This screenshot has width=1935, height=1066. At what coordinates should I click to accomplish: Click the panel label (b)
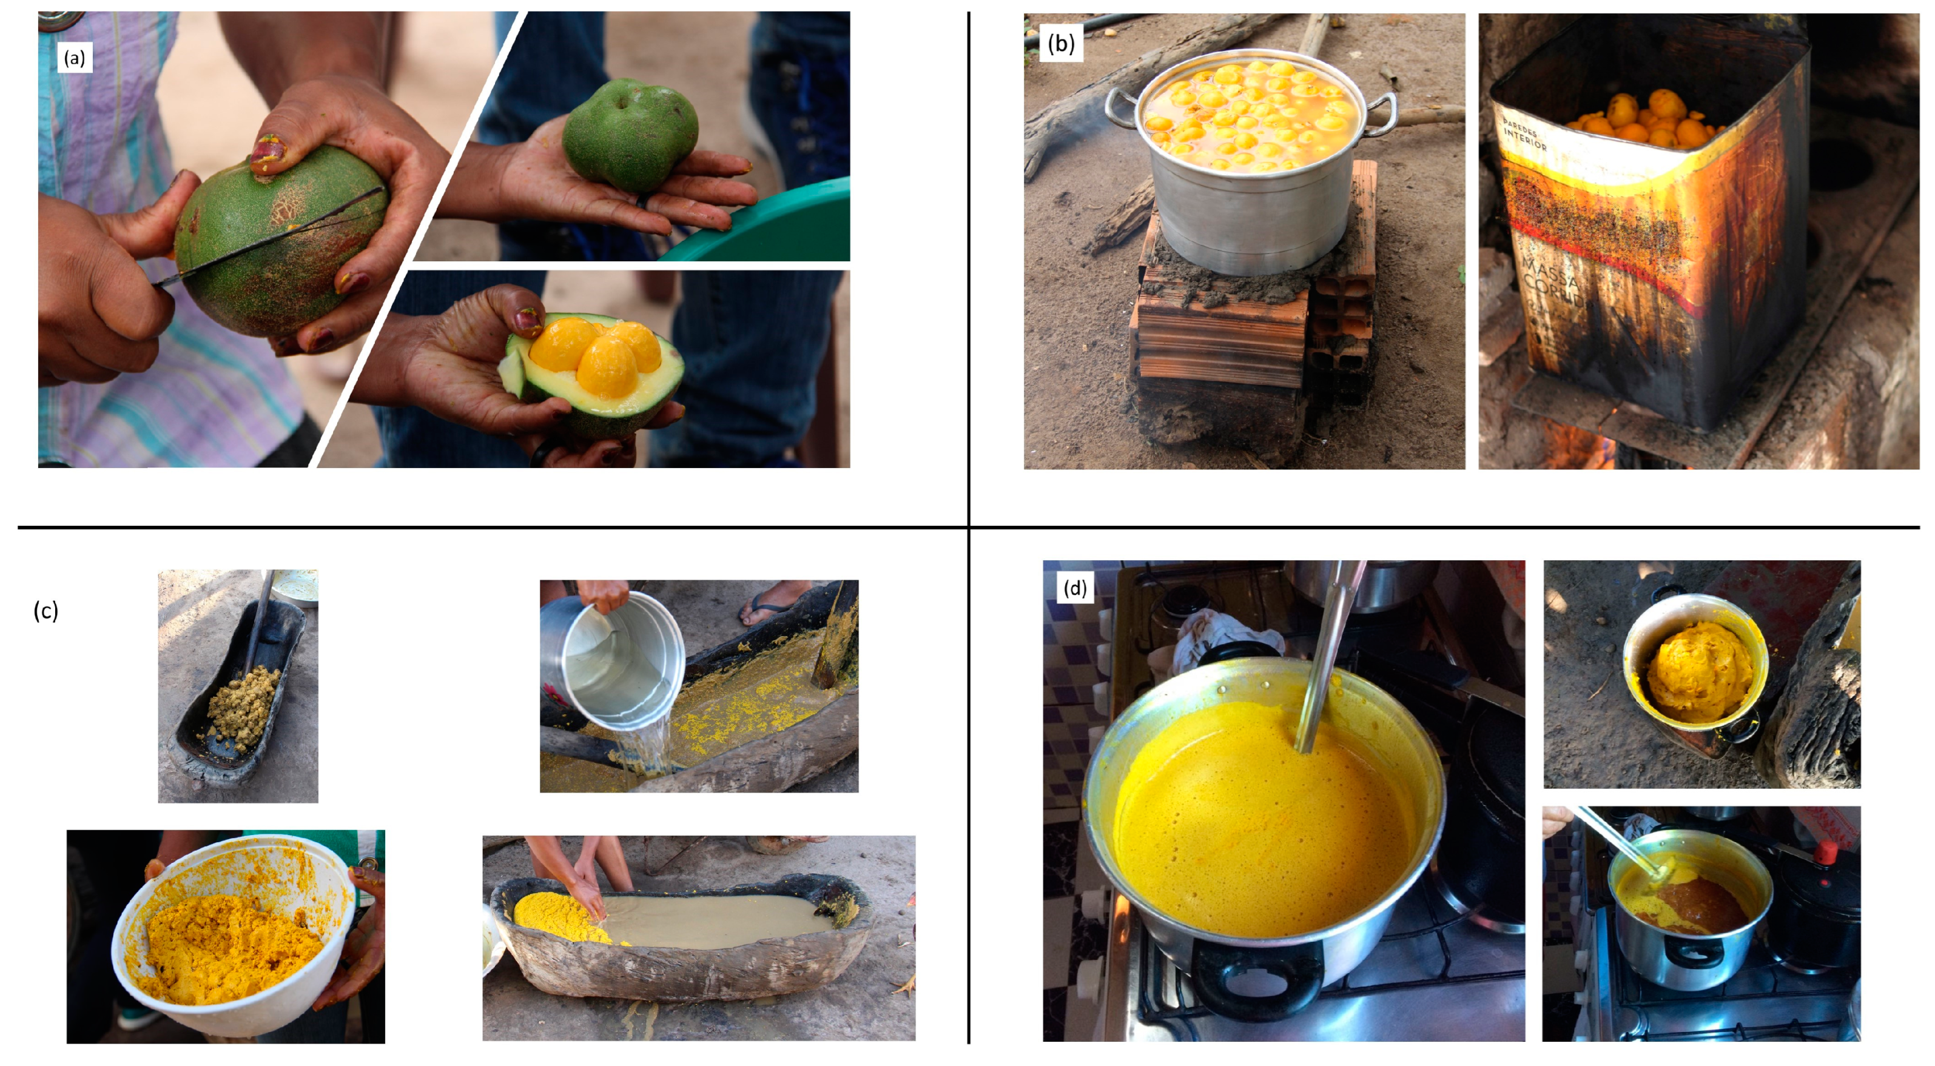(x=1061, y=44)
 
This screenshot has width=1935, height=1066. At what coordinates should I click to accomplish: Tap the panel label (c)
(x=46, y=611)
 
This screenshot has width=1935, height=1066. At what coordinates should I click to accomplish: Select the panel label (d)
(x=1075, y=588)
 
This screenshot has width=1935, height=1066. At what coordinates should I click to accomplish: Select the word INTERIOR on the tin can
(x=1525, y=138)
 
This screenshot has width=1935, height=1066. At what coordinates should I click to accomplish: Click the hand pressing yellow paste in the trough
(x=590, y=893)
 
